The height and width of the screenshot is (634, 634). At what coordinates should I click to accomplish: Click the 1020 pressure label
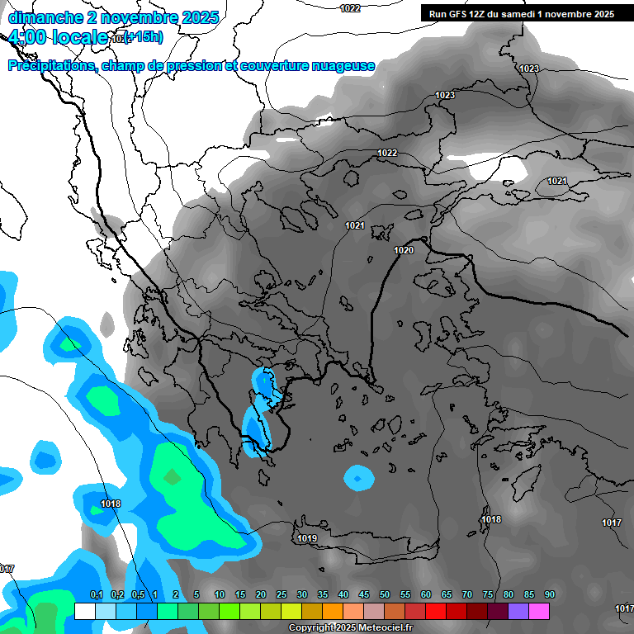pos(404,250)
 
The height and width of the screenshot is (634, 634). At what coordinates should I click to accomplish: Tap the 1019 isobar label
pos(307,538)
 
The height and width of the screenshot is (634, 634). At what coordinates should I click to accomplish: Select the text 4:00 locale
pos(58,37)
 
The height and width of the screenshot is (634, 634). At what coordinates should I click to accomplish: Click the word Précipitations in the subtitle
pos(50,65)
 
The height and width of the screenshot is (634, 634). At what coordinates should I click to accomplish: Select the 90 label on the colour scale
pos(549,595)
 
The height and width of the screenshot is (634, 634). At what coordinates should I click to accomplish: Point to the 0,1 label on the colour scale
pos(96,595)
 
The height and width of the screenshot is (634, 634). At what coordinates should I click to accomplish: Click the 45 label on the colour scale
pos(364,595)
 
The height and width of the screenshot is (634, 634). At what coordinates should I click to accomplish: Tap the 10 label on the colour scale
pos(220,595)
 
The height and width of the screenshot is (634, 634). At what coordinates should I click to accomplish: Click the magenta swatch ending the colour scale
pos(539,611)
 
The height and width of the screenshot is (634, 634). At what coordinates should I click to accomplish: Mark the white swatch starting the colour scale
pos(85,611)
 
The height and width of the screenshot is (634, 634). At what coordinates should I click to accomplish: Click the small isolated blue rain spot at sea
pos(358,477)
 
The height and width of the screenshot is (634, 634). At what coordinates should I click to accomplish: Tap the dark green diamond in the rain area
pos(172,476)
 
